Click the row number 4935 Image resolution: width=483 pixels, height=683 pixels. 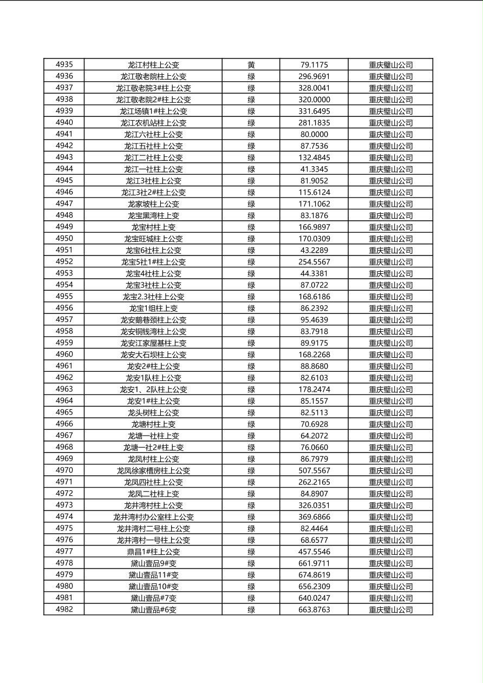64,64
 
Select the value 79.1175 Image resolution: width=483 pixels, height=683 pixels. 314,65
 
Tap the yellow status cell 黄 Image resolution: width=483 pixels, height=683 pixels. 251,65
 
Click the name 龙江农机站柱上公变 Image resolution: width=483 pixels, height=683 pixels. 153,123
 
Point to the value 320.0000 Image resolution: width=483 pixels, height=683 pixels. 314,100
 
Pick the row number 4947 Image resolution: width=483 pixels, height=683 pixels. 64,203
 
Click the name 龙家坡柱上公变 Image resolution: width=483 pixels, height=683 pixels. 153,204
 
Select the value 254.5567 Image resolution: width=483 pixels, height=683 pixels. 314,262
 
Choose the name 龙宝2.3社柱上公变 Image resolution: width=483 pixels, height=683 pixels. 153,297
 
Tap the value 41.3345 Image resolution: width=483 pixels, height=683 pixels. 314,169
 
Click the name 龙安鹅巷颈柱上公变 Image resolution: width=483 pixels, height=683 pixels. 153,320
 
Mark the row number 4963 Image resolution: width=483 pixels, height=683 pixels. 64,389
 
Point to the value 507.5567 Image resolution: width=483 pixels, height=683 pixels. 314,471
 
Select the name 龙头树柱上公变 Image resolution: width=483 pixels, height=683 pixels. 153,412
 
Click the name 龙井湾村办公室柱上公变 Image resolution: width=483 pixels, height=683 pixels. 153,517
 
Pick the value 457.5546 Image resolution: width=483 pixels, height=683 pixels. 314,552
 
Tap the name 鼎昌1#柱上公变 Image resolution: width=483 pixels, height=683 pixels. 153,552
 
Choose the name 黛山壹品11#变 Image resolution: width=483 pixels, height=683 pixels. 153,575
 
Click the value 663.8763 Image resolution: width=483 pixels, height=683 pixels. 314,610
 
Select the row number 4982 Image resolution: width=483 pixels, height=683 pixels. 64,609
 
